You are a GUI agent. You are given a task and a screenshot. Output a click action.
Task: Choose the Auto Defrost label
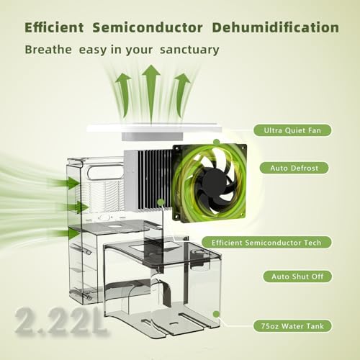pos(292,167)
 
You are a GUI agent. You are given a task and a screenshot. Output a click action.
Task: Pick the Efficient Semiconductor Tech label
pos(277,242)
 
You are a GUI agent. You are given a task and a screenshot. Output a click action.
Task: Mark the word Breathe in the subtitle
pos(49,50)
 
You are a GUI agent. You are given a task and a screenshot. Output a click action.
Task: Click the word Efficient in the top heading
pos(58,28)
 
